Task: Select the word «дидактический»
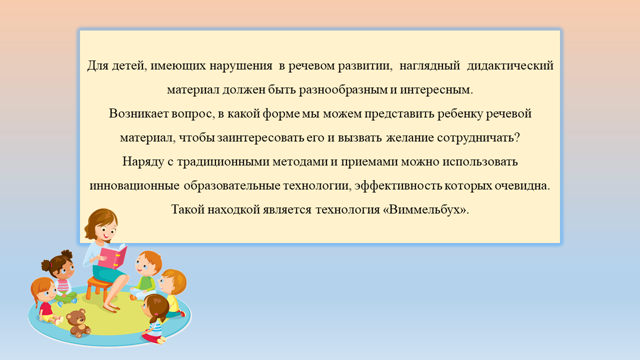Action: tap(510, 65)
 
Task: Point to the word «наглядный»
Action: tap(429, 65)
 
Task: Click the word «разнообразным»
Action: tap(342, 90)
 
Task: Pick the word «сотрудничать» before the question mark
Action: tap(475, 138)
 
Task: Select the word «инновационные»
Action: tap(134, 186)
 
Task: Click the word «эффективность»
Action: tap(398, 185)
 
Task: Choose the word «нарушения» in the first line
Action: tap(241, 65)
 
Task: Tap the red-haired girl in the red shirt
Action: tap(45, 300)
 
